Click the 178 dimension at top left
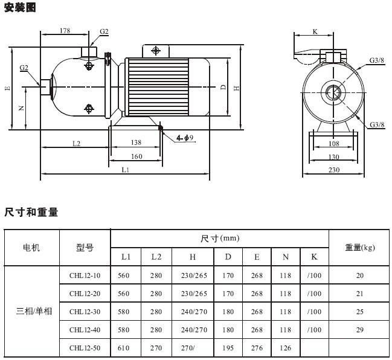click(x=65, y=30)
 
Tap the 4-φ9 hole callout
click(x=185, y=138)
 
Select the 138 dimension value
click(x=136, y=143)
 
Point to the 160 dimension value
click(x=137, y=156)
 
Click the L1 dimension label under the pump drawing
click(x=126, y=170)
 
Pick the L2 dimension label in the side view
click(x=77, y=144)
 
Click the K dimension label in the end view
click(x=315, y=32)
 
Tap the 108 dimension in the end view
click(x=334, y=144)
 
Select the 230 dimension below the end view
click(x=334, y=170)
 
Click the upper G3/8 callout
click(x=377, y=60)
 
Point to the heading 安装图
click(x=20, y=7)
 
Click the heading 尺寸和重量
click(x=31, y=212)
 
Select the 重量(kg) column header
click(x=360, y=247)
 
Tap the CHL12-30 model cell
click(x=85, y=312)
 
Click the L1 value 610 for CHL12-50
click(x=123, y=348)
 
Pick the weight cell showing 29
click(x=360, y=330)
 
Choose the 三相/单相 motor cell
click(x=34, y=311)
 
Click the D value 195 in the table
click(x=228, y=348)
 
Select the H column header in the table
click(x=193, y=257)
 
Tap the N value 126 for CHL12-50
click(x=286, y=348)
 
